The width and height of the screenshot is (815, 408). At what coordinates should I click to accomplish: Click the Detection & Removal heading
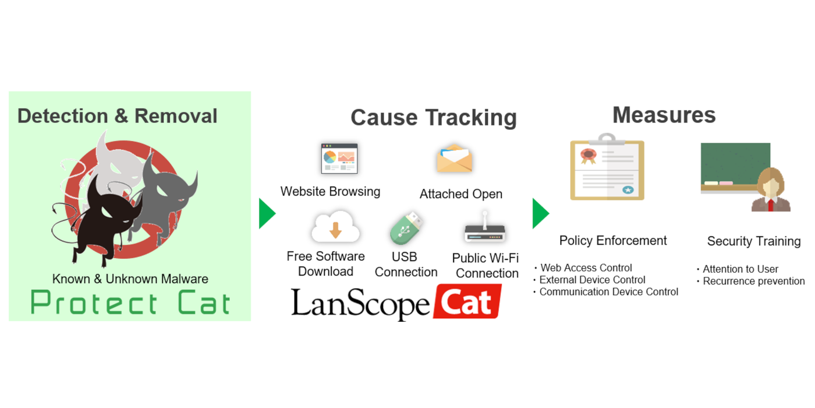tap(117, 116)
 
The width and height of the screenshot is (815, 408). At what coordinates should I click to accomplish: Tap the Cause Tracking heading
tap(433, 118)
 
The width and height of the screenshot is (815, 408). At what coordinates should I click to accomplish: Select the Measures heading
tap(664, 115)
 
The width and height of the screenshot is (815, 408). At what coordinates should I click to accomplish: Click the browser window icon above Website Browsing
tap(339, 159)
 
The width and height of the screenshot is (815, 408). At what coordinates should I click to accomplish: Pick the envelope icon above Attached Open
tap(455, 159)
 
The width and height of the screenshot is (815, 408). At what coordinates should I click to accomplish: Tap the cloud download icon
tap(335, 227)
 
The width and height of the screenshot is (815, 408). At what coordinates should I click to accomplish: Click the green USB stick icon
tap(406, 228)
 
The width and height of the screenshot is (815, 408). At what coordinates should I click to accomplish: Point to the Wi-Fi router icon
tap(484, 228)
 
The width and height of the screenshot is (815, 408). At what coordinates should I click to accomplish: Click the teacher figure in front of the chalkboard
tap(771, 190)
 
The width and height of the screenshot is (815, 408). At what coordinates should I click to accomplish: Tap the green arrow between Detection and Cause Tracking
tap(267, 213)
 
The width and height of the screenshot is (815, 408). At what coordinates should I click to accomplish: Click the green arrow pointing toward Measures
tap(541, 213)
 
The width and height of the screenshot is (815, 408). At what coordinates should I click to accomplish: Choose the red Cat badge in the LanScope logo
tap(467, 302)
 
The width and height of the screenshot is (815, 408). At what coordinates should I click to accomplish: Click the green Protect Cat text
tap(130, 303)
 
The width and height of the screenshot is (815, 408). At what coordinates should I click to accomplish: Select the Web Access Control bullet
tap(583, 268)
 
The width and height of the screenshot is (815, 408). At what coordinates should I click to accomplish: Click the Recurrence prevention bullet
tap(751, 281)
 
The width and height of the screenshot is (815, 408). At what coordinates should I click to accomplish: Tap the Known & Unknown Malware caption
tap(130, 279)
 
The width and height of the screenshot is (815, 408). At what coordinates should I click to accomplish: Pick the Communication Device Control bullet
tap(606, 292)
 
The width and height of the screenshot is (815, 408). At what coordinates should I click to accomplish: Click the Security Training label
tap(754, 241)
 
